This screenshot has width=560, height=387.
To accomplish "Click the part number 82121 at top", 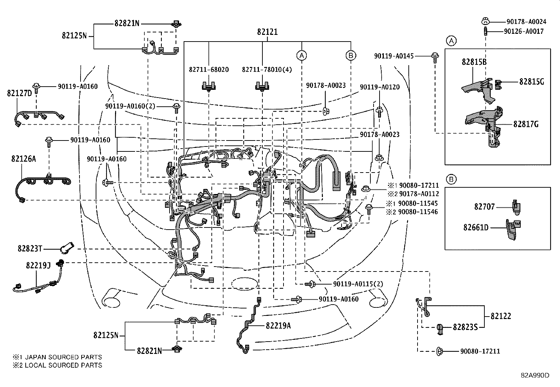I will coord(267,32).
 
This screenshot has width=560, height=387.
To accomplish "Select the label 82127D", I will coord(19,93).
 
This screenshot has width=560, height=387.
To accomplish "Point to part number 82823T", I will coord(30,249).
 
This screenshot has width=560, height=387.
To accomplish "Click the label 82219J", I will coord(38,265).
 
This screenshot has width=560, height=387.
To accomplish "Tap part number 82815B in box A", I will coord(474,62).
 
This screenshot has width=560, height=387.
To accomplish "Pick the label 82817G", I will coord(526,124).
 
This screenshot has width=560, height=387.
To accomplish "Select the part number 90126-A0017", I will coord(523,31).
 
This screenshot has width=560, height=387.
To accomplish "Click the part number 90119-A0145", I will coord(394,56).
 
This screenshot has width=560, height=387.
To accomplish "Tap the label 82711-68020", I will coord(209,70).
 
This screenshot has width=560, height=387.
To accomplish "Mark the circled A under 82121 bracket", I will coord(301,55).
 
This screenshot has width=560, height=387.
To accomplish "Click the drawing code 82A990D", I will coord(535,375).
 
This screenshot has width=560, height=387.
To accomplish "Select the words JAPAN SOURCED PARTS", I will coord(63,357).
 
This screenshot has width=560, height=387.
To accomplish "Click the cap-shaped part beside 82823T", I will coord(66,247).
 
